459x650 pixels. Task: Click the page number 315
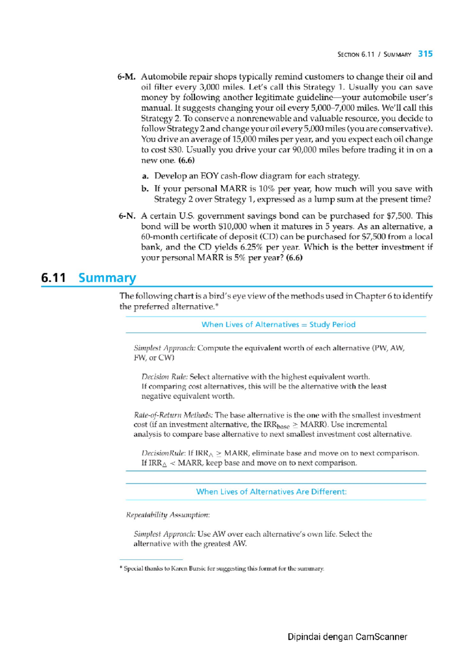425,54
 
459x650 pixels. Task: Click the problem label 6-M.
126,77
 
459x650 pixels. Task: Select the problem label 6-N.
127,216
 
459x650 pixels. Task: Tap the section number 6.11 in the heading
54,278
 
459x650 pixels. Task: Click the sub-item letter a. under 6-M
145,176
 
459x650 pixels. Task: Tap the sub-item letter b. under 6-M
145,189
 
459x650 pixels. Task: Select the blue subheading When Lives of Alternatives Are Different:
271,492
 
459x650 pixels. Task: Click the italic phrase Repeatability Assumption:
168,515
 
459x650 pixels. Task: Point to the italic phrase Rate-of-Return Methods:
173,415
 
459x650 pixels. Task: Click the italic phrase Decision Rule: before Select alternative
164,377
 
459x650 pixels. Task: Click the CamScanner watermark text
347,637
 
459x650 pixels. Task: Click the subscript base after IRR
283,426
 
